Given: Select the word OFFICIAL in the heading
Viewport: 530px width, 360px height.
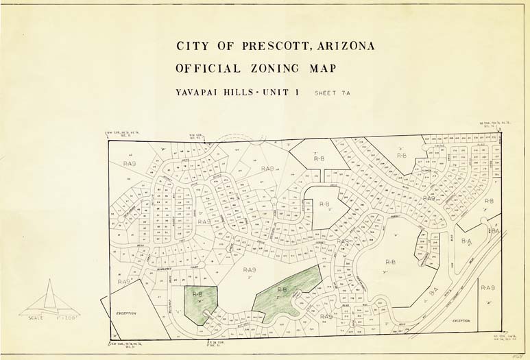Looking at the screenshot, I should (208, 69).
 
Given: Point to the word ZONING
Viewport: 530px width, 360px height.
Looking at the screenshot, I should (278, 69).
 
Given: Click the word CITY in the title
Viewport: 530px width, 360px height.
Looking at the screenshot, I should (191, 47).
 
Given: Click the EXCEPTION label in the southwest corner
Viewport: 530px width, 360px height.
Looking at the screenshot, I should (126, 313).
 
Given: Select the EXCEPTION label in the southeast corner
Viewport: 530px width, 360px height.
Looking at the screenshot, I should (461, 320).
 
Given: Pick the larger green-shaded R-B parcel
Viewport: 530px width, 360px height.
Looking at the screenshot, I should (285, 292).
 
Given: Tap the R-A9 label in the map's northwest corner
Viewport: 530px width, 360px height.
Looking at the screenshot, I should (130, 164).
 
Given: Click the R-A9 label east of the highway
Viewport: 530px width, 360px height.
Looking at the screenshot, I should (489, 287).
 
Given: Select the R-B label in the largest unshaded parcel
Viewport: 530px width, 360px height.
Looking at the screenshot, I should (391, 261).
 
